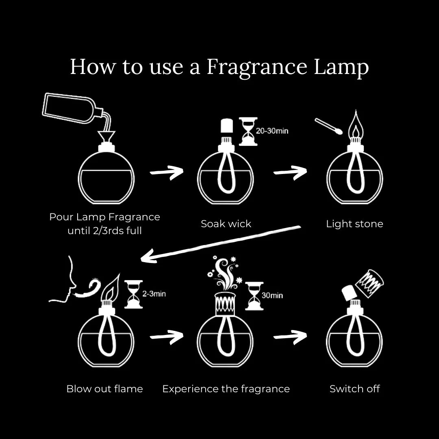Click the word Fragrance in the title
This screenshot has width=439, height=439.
click(x=256, y=67)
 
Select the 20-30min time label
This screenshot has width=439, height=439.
click(x=272, y=131)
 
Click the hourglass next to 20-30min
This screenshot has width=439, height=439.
click(x=248, y=131)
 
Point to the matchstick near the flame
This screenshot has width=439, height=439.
click(x=328, y=126)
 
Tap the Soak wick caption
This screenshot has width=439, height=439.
click(x=226, y=224)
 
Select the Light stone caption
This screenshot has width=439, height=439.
click(x=354, y=224)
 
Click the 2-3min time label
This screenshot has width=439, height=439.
click(x=154, y=294)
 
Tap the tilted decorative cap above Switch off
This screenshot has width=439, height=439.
click(x=370, y=282)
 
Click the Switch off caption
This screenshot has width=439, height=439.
click(x=354, y=389)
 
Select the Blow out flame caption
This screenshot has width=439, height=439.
click(x=104, y=389)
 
